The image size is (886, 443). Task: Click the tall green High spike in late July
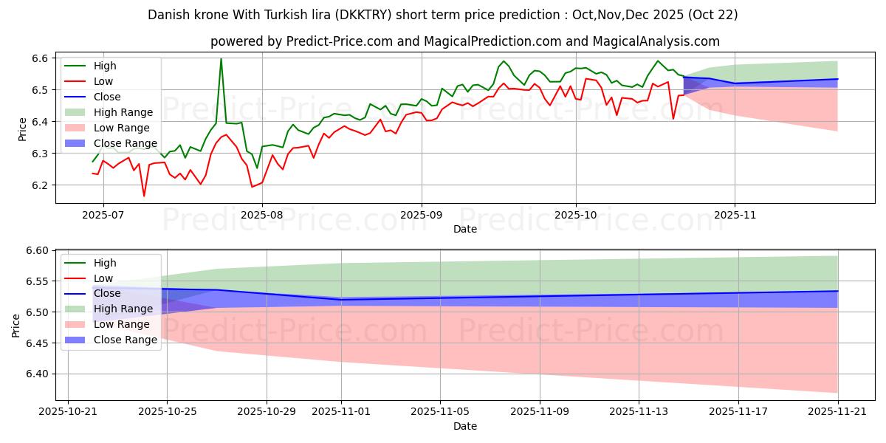[221, 59]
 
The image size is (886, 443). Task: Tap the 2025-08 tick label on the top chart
[262, 214]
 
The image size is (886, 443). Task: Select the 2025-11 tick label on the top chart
[735, 214]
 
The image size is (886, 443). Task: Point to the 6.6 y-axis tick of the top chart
[40, 58]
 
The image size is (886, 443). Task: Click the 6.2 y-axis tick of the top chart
[40, 185]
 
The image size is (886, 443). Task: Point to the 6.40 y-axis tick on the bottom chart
[37, 374]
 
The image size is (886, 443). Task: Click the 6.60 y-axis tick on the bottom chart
[37, 251]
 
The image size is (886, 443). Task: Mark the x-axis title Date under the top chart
[465, 229]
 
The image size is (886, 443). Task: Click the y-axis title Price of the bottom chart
[16, 325]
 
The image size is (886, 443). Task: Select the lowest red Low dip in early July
[144, 196]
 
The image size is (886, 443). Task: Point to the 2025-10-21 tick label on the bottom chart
[67, 411]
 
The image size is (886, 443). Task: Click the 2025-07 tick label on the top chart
[103, 214]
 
